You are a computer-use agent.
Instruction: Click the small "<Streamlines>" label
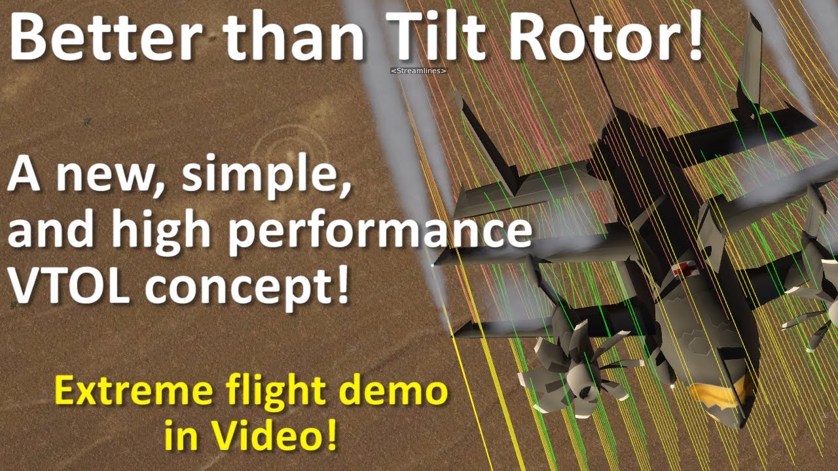[x=418, y=70]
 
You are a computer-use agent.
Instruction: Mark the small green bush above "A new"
[x=86, y=121]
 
